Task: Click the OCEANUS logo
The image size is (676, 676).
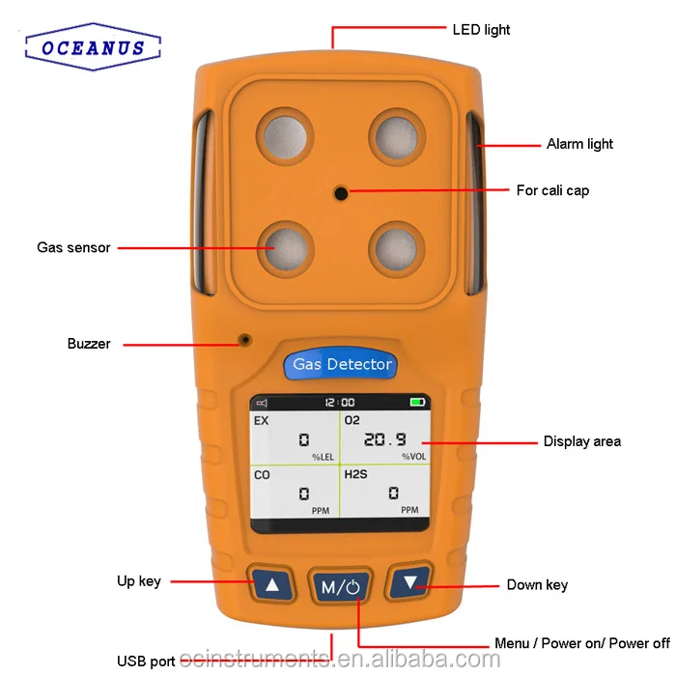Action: (93, 47)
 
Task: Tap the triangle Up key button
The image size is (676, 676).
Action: (272, 584)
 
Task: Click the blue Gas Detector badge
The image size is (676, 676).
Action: (342, 365)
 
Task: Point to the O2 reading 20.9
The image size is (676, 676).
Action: (383, 439)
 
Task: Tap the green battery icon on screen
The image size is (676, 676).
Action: (417, 402)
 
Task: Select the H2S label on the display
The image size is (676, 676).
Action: (356, 475)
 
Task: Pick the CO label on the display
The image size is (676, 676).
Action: (262, 475)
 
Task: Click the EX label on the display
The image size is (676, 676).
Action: (261, 421)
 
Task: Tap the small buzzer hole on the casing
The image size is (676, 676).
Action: (245, 339)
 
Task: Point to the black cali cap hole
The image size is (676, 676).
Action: (341, 194)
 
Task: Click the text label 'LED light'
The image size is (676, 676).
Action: (481, 30)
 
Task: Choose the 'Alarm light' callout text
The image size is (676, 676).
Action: (579, 144)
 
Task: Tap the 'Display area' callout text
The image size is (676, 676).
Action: (581, 441)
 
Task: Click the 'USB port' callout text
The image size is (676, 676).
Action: (146, 662)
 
